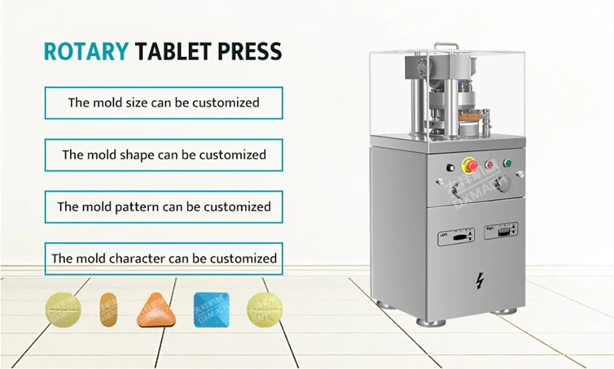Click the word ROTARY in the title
coord(86,52)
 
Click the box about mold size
coord(163,103)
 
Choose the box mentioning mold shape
coord(163,155)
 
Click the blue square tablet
coord(211,310)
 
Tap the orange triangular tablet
coord(156,310)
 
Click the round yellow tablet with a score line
coord(63,309)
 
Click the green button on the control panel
coord(508,163)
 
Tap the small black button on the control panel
coord(450,168)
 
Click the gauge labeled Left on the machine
coord(456,236)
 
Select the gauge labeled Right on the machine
coord(500,231)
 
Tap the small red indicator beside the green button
coord(489,165)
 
